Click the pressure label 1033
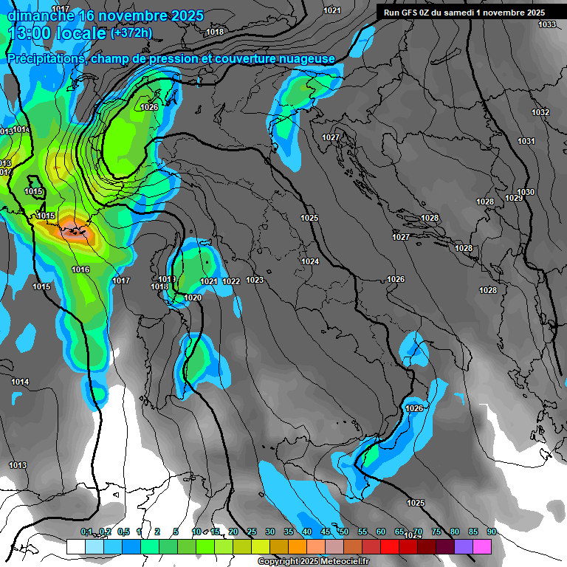(547, 25)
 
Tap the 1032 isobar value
(540, 112)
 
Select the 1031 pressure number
(526, 141)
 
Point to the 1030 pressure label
(526, 192)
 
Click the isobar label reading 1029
(514, 198)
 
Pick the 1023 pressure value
(255, 280)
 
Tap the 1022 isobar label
(231, 281)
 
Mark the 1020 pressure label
(193, 298)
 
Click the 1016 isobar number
(80, 269)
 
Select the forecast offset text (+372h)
(131, 32)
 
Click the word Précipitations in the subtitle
(46, 58)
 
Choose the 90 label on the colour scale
(491, 532)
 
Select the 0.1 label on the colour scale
(86, 532)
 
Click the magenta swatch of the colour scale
(482, 546)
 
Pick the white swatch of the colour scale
(75, 546)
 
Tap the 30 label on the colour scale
(269, 532)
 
